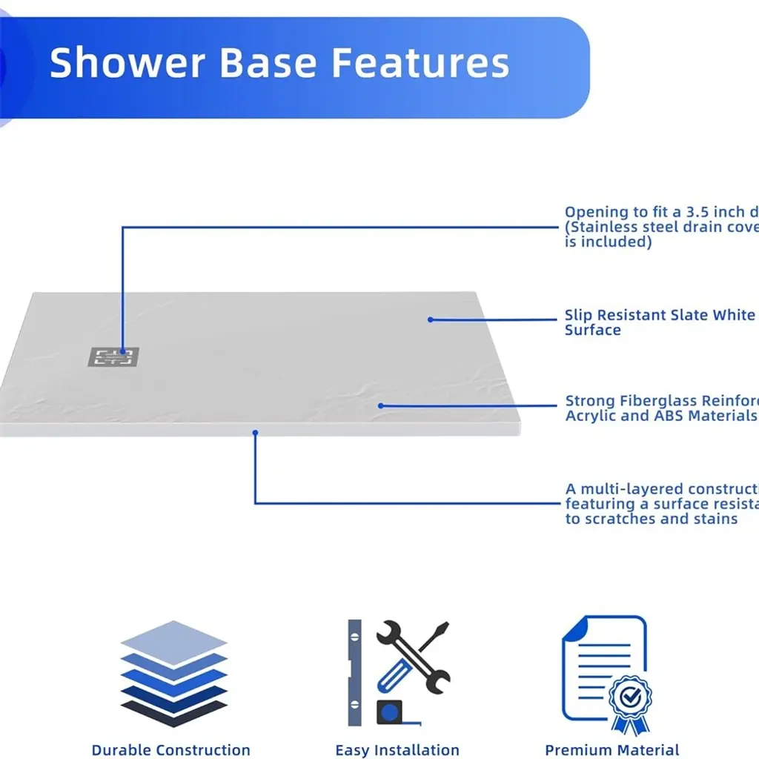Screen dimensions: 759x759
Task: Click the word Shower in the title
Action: click(x=127, y=63)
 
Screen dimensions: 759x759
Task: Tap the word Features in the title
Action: click(x=420, y=63)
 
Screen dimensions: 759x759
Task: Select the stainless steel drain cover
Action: click(x=113, y=357)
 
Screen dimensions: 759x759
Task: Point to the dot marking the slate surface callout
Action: click(x=431, y=319)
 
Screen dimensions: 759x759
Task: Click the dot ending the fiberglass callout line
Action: click(x=380, y=405)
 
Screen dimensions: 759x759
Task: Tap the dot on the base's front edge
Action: click(x=255, y=431)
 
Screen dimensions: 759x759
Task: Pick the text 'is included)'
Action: click(x=608, y=242)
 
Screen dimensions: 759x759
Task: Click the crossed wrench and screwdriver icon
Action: click(x=412, y=656)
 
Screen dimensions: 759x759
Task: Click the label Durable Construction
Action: click(x=170, y=750)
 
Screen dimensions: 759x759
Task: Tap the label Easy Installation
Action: click(x=397, y=750)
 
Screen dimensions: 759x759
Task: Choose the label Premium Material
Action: click(x=611, y=750)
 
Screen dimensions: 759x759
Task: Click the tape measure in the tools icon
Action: click(x=390, y=713)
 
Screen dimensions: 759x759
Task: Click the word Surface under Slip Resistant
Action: click(x=592, y=330)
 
